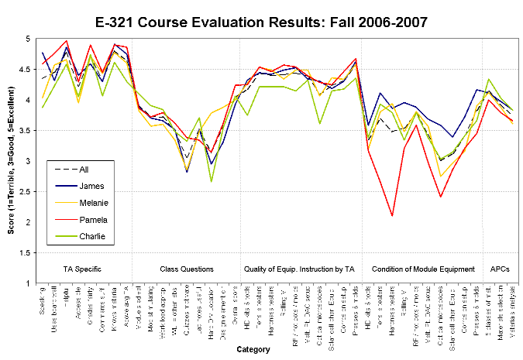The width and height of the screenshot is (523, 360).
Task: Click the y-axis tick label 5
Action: (x=29, y=39)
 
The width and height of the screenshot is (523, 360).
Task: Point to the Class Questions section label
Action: (x=186, y=269)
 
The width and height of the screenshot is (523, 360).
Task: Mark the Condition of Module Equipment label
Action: (x=423, y=269)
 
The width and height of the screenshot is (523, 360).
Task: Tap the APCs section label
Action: (x=499, y=269)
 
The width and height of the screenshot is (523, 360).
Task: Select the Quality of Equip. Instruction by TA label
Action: (x=299, y=269)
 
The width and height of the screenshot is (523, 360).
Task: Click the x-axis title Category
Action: (x=253, y=350)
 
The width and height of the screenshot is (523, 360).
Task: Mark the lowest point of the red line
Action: (x=392, y=215)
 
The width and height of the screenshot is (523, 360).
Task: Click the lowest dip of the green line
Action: (x=211, y=181)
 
